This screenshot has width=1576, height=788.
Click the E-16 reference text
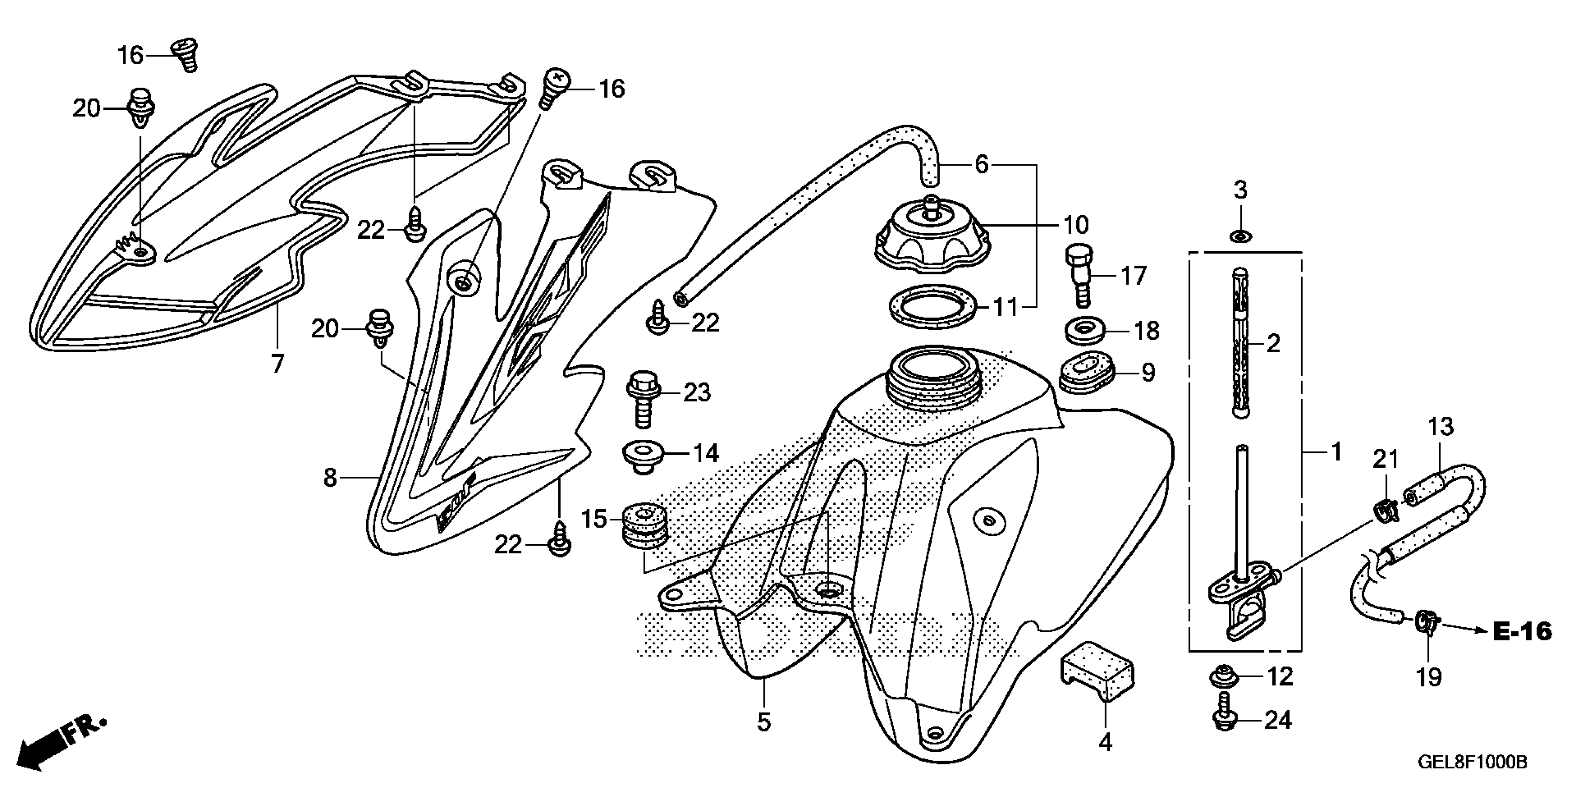(x=1522, y=631)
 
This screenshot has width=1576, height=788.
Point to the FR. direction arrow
(x=58, y=742)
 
